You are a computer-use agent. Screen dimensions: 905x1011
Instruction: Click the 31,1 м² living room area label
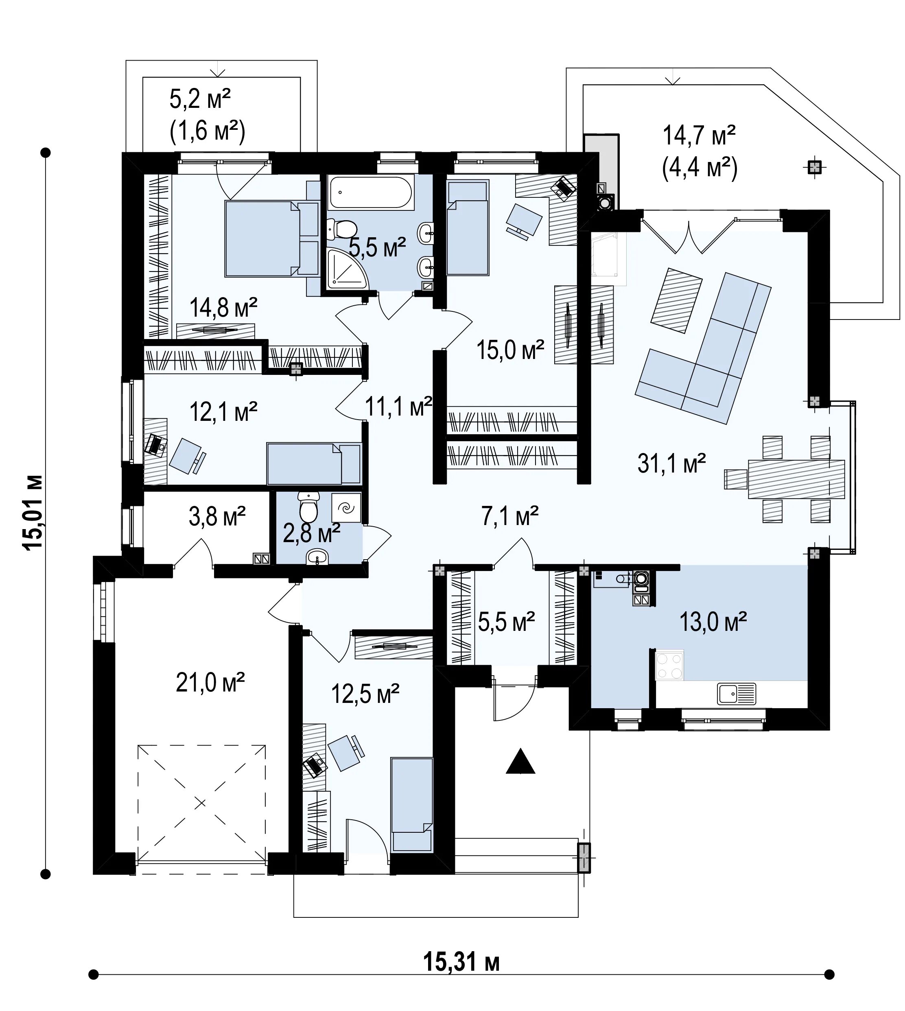[671, 464]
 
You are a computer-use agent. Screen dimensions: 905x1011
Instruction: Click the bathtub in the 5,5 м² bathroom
[371, 193]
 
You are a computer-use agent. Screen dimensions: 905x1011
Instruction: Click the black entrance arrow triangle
[520, 762]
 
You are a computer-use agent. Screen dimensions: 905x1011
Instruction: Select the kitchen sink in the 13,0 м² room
[737, 694]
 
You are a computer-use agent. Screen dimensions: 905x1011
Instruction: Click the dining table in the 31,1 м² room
[796, 479]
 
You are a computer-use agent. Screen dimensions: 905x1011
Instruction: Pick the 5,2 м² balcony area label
[200, 99]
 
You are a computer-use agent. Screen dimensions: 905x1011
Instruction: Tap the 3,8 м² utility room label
[217, 516]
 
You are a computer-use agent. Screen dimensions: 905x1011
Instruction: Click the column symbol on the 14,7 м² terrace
[814, 168]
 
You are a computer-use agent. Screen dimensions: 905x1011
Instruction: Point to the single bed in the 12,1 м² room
[314, 464]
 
